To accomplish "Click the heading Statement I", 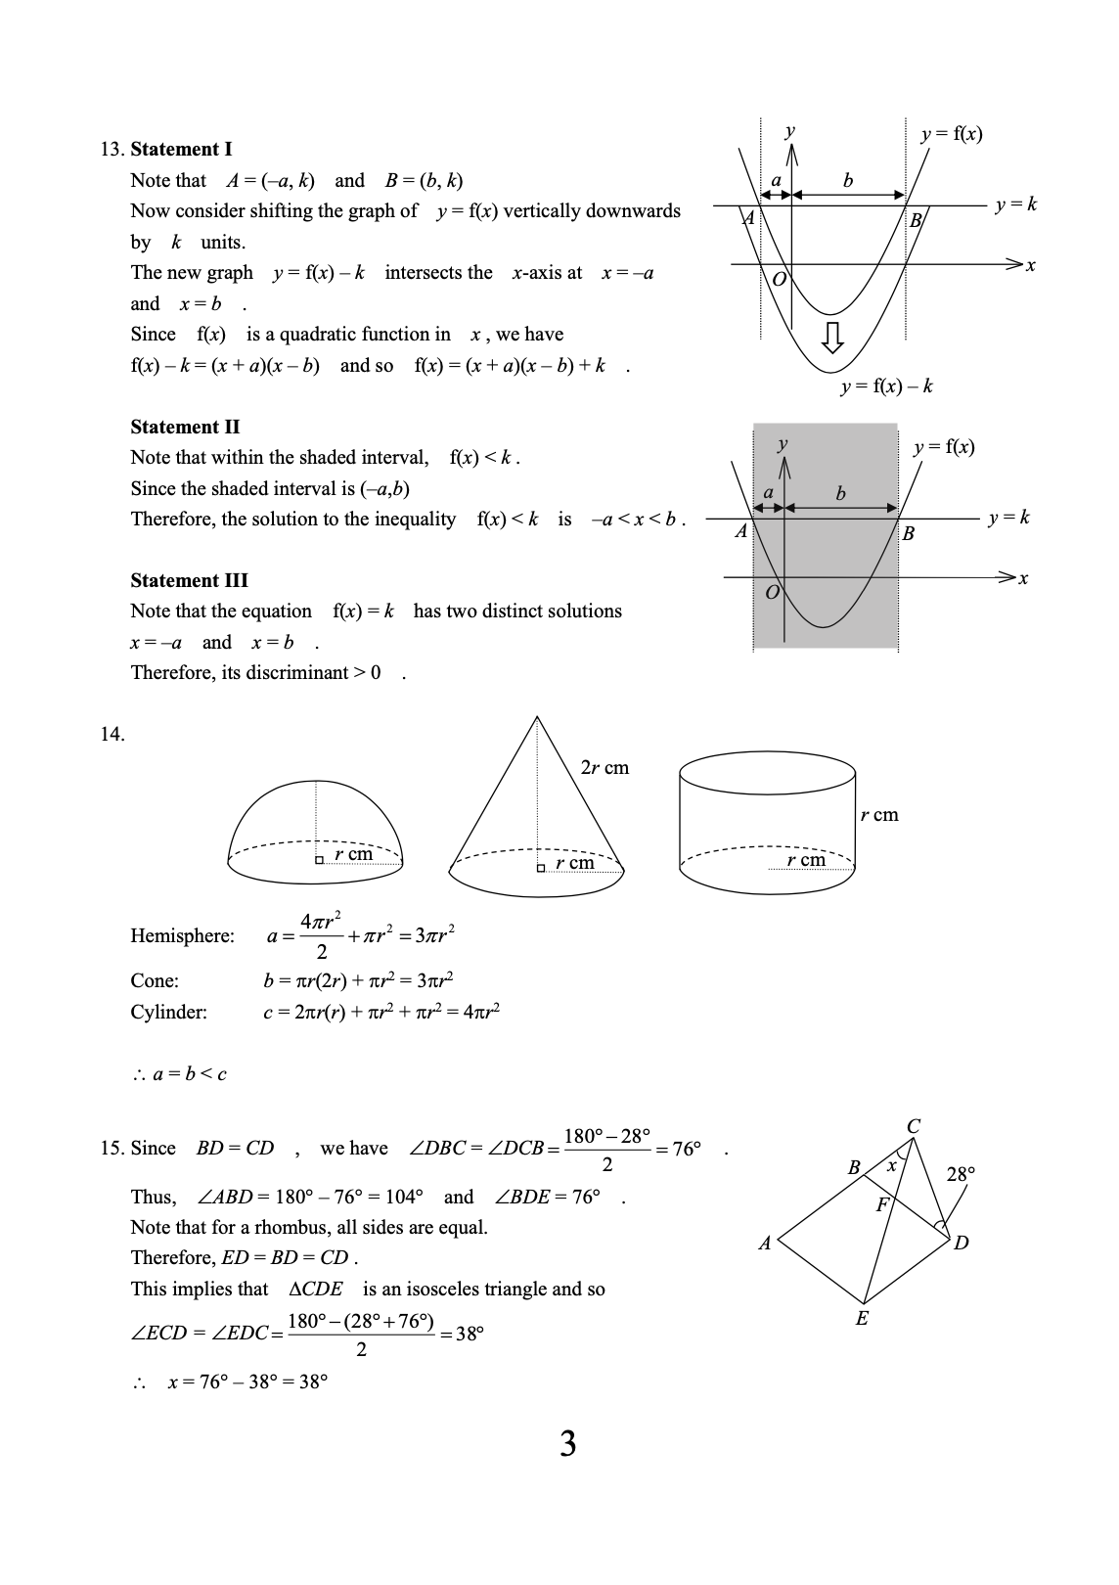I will coord(181,149).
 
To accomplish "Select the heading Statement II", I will coord(185,427).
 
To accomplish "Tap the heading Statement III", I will coord(189,580).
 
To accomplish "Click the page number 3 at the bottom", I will coord(567,1444).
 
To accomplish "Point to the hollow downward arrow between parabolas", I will coord(831,338).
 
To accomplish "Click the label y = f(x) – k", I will coord(886,386).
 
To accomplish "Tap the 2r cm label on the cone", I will coord(604,767).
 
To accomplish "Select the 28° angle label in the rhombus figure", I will coord(961,1174).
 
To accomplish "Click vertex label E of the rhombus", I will coord(862,1319).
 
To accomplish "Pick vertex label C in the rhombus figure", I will coord(913,1126).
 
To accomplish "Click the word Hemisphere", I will coord(182,936).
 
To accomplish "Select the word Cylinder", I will coord(168,1013).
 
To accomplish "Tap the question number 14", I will coord(112,734).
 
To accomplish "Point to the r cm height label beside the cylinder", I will coord(878,815).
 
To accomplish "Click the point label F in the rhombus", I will coord(881,1204).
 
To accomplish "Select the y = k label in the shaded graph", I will coord(1008,518).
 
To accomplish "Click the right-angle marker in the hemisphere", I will coord(319,861).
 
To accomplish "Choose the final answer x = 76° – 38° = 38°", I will coord(247,1382).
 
